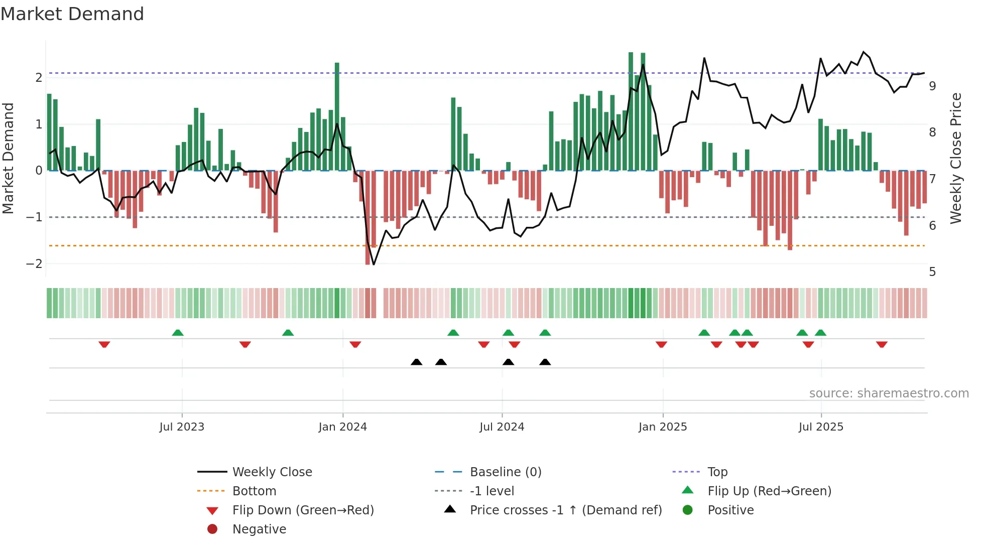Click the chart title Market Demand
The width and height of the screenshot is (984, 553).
72,14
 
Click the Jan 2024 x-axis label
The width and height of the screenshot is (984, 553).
342,427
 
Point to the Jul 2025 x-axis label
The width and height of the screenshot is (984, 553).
821,427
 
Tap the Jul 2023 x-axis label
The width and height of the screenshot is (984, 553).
182,427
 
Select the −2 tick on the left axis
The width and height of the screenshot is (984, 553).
34,264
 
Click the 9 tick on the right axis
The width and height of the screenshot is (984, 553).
932,86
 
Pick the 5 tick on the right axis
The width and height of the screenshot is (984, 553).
932,272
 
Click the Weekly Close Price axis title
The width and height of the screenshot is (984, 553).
956,158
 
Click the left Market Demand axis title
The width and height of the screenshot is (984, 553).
9,158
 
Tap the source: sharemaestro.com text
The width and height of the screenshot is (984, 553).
889,393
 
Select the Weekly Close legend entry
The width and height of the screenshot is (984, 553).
272,472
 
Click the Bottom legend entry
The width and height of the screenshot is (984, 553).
254,491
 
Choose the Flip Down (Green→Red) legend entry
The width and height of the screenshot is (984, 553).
303,510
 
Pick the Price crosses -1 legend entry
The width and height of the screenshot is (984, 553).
565,510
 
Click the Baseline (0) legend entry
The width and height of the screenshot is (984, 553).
505,472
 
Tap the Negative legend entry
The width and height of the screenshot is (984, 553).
259,529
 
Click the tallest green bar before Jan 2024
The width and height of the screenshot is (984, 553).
337,115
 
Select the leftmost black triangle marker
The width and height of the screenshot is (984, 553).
416,362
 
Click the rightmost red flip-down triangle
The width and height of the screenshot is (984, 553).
882,344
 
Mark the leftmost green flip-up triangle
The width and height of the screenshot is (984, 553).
178,333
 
